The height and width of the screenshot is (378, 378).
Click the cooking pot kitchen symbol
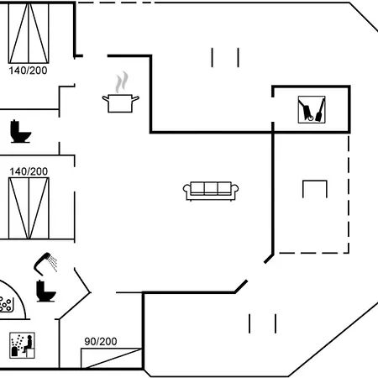point(120,103)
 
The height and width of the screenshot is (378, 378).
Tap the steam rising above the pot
point(122,82)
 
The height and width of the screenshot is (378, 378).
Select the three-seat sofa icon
point(211,192)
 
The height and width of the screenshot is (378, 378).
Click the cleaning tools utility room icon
point(312,109)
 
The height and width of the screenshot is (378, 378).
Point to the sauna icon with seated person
point(22,345)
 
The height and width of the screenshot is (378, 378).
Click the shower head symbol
point(45,264)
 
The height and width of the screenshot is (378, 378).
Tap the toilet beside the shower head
point(45,291)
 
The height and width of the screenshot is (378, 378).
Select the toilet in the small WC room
point(20,132)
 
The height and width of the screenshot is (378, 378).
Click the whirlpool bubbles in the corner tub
point(6,304)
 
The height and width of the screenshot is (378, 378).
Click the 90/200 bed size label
point(101,341)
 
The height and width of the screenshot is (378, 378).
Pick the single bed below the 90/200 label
point(111,358)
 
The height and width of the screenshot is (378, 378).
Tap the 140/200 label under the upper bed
point(28,71)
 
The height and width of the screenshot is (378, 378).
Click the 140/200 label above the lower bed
point(29,171)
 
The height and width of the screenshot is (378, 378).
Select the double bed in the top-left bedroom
point(29,33)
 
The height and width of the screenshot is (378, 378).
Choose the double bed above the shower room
point(29,208)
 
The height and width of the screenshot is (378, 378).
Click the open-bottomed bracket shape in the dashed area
point(315,181)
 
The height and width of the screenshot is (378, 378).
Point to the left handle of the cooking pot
point(106,98)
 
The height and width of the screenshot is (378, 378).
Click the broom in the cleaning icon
point(320,110)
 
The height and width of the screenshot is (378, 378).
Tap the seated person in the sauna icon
point(29,344)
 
